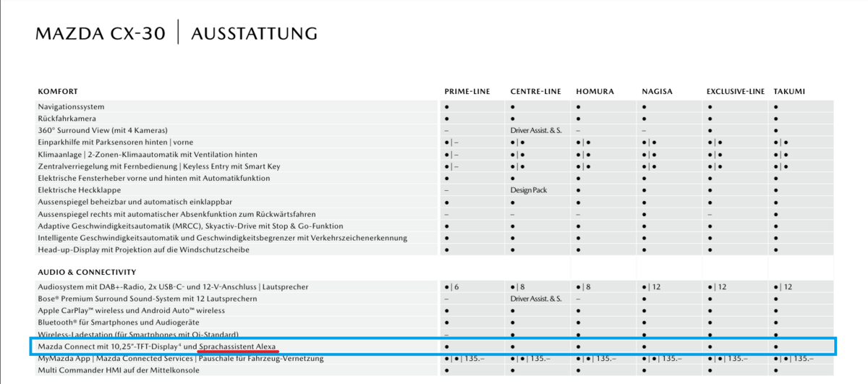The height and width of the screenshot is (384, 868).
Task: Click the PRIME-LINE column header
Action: coord(467,92)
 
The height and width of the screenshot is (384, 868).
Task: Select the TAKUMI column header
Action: coord(788,92)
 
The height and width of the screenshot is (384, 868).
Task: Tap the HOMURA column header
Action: coord(595,92)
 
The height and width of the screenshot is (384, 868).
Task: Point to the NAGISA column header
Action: coord(657,92)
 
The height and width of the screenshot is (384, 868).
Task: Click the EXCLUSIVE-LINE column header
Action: coord(735,92)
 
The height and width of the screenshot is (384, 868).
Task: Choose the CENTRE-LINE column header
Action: coord(535,92)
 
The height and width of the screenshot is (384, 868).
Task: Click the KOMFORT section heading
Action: coord(58,92)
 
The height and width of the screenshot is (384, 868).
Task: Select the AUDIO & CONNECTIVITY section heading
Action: coord(87,273)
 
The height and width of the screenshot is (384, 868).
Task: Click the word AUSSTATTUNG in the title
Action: coord(254,33)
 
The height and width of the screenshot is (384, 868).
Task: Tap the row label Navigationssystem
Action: coord(71,107)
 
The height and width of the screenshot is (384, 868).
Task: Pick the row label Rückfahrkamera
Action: coord(67,119)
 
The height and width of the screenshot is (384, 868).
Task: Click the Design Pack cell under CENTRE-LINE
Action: coord(529,190)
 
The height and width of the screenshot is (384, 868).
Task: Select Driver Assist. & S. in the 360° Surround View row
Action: coord(535,131)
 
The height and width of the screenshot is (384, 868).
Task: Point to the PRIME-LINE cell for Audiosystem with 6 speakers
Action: coord(451,287)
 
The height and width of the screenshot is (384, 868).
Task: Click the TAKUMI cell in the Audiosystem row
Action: coord(781,287)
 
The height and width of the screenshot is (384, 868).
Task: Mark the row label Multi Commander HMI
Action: coord(119,371)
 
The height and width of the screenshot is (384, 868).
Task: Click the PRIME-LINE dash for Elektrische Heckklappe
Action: coord(446,190)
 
